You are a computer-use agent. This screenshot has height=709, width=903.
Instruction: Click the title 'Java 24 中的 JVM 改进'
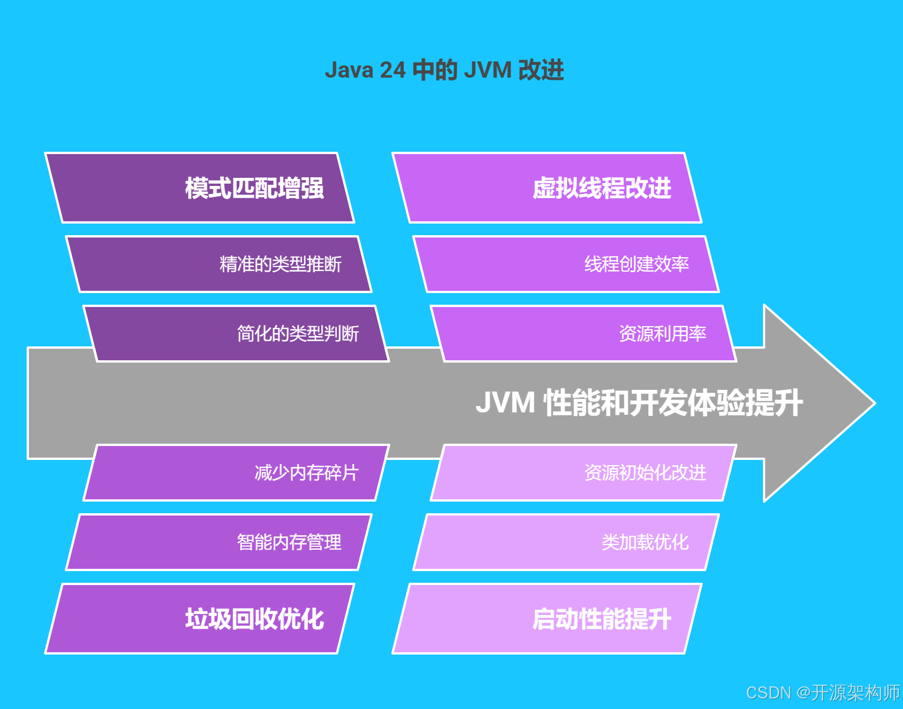(444, 70)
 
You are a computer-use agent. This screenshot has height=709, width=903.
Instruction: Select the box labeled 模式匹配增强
(200, 188)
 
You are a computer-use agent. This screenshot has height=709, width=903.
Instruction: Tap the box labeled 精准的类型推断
(219, 264)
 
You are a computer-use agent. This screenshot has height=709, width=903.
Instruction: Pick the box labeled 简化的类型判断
(236, 334)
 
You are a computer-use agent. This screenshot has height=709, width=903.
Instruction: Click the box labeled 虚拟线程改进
(547, 188)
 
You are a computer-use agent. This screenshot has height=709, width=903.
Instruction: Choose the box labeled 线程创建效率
(566, 264)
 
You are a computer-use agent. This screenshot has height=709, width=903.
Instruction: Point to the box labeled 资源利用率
(583, 334)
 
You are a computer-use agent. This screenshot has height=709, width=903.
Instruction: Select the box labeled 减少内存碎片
(236, 473)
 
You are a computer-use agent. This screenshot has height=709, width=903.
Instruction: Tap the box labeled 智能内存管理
(219, 542)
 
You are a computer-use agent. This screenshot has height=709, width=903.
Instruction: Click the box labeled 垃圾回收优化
(200, 619)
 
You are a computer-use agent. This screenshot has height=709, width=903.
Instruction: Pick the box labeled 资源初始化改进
(583, 473)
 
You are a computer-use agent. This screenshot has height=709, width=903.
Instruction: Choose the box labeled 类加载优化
(566, 542)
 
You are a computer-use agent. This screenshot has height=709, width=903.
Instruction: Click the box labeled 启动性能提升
(547, 619)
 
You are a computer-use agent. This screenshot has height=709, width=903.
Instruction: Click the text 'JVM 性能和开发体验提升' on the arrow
(639, 403)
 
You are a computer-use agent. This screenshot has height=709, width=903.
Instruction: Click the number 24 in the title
(393, 70)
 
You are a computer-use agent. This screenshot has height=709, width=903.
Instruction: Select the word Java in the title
(348, 70)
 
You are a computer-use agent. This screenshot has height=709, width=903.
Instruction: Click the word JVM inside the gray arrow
(505, 403)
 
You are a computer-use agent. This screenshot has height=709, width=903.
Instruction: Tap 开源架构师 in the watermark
(856, 693)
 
